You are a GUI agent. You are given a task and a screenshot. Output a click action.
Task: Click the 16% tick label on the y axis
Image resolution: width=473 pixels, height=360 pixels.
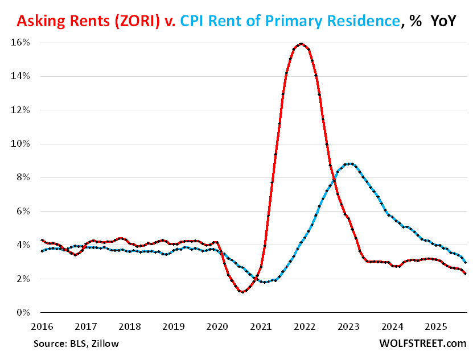pyautogui.click(x=22, y=43)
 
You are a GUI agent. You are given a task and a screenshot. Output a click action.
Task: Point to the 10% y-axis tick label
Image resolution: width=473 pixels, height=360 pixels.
pyautogui.click(x=22, y=144)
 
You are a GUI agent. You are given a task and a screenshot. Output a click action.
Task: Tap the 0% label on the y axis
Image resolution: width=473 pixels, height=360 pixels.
pyautogui.click(x=24, y=313)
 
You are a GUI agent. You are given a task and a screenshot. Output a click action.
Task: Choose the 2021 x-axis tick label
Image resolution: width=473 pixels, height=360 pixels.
pyautogui.click(x=261, y=327)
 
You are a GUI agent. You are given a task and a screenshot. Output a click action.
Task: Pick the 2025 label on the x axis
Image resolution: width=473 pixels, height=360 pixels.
pyautogui.click(x=436, y=327)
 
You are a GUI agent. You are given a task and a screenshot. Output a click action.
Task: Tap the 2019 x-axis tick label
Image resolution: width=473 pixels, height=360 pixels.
pyautogui.click(x=173, y=327)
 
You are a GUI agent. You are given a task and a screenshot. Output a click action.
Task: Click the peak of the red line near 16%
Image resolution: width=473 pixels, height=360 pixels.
pyautogui.click(x=301, y=43)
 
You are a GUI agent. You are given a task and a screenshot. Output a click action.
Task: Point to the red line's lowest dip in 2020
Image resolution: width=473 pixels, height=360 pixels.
pyautogui.click(x=243, y=292)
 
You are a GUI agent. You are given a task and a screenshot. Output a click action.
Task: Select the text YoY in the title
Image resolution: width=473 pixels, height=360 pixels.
pyautogui.click(x=441, y=21)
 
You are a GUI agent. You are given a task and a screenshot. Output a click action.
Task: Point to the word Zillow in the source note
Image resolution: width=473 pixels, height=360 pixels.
pyautogui.click(x=105, y=344)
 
